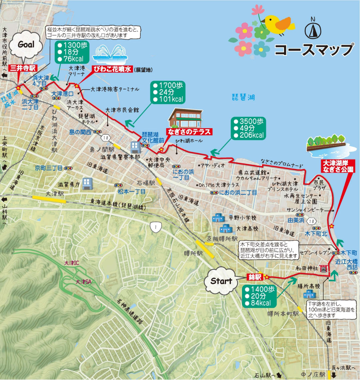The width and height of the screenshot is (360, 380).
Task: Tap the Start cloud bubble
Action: click(x=221, y=281)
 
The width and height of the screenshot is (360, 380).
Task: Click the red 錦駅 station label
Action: click(x=255, y=277)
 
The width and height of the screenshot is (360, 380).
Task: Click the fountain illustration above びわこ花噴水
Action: click(x=111, y=55)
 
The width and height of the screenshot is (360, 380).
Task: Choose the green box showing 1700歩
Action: click(x=168, y=92)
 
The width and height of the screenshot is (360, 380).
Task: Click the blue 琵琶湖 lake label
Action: click(x=243, y=97)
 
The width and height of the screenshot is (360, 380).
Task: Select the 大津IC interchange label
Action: click(x=72, y=263)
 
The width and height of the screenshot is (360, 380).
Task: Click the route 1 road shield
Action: click(x=155, y=228)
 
